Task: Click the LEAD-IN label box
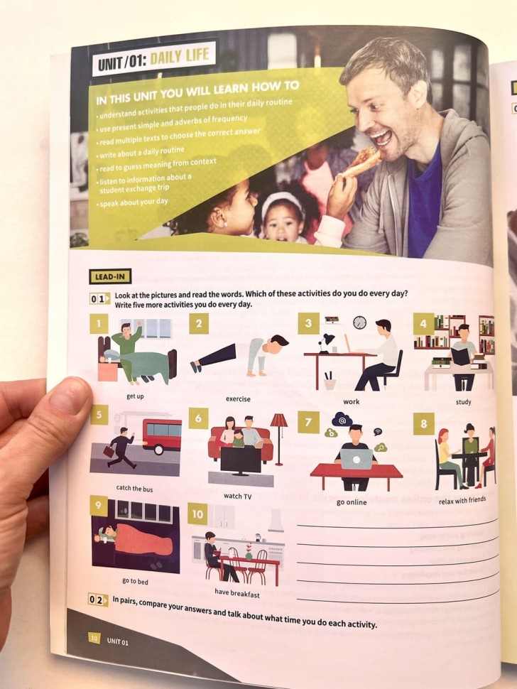pyautogui.click(x=110, y=277)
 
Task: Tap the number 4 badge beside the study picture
pyautogui.click(x=423, y=324)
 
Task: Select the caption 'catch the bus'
pyautogui.click(x=134, y=488)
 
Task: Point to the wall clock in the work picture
pyautogui.click(x=360, y=322)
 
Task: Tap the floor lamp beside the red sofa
pyautogui.click(x=279, y=440)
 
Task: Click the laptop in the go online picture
pyautogui.click(x=357, y=459)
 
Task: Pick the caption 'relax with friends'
pyautogui.click(x=462, y=499)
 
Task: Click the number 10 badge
pyautogui.click(x=197, y=514)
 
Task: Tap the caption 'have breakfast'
pyautogui.click(x=237, y=593)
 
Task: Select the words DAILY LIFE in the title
pyautogui.click(x=180, y=57)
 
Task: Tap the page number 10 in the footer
pyautogui.click(x=94, y=638)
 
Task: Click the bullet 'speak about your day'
pyautogui.click(x=134, y=202)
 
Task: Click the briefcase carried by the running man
pyautogui.click(x=109, y=451)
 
